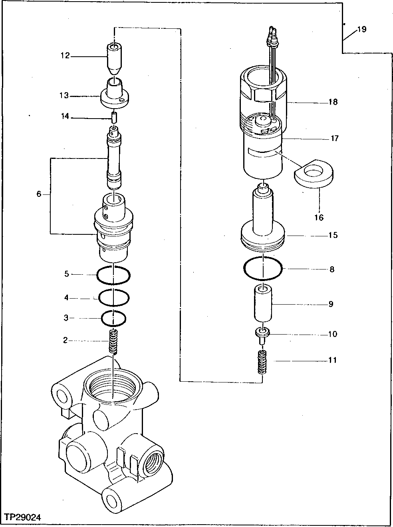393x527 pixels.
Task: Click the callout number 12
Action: coord(65,56)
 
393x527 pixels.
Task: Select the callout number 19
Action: coord(361,30)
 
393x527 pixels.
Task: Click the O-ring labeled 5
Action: coord(113,275)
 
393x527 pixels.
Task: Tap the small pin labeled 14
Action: coord(114,117)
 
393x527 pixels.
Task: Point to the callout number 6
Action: coord(39,194)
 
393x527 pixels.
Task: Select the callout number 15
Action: coord(333,235)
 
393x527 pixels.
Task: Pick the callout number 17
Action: coord(334,139)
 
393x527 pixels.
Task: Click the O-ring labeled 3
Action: coord(114,318)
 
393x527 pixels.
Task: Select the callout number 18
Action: coord(333,102)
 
